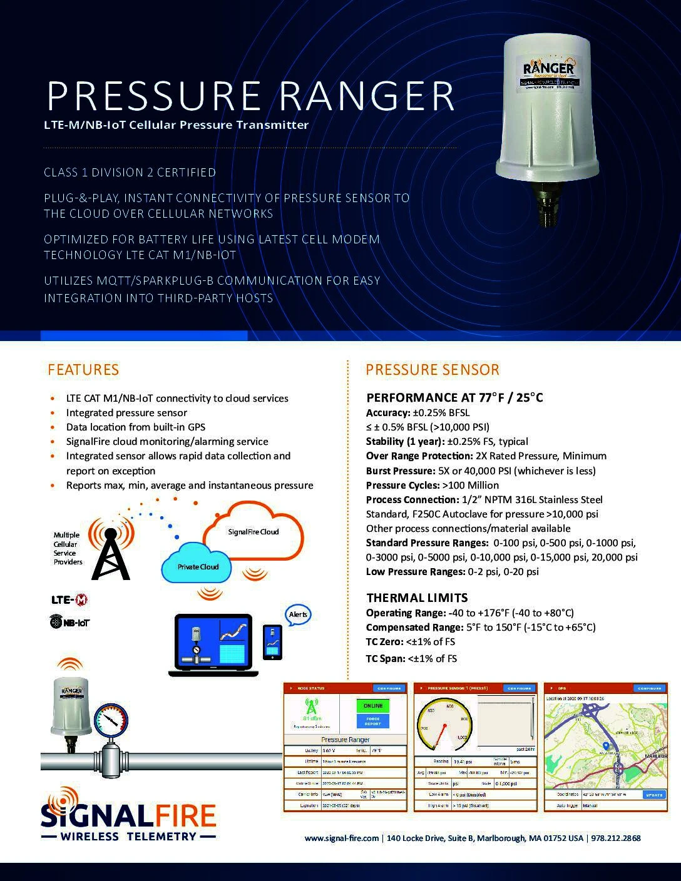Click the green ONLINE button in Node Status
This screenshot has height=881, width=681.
point(372,706)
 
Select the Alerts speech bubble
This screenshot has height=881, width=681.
point(298,614)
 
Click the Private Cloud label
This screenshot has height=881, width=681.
point(198,566)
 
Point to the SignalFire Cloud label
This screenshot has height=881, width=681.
point(253,531)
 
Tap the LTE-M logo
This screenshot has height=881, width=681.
point(69,600)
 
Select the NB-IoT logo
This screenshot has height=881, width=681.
point(69,622)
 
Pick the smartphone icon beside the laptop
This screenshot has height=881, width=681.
point(272,642)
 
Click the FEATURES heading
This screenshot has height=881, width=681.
point(83,370)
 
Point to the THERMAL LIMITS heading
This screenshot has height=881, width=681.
point(417,598)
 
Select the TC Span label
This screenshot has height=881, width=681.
point(385,658)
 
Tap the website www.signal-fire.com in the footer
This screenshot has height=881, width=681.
point(342,838)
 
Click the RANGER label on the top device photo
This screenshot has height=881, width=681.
point(549,68)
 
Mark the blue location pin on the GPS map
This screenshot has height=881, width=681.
point(606,746)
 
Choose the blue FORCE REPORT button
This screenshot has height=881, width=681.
point(372,721)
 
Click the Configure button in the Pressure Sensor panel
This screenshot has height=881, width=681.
point(519,688)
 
